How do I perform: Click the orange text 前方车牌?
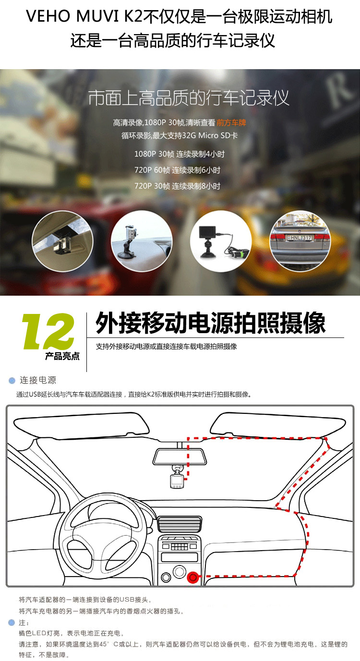[231, 122]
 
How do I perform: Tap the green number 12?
[48, 331]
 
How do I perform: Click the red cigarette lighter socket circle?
[192, 577]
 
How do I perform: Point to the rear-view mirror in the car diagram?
[180, 457]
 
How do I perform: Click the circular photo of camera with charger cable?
[221, 241]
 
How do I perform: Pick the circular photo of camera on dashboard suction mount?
[142, 241]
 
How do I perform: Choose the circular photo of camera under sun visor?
[62, 241]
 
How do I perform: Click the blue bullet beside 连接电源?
[12, 381]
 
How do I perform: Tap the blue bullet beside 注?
[12, 623]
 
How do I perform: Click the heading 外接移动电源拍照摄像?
[211, 323]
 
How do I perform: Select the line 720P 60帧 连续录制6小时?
[177, 170]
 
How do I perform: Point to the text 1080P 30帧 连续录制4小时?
[180, 154]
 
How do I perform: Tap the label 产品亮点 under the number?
[62, 356]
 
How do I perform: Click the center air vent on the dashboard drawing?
[180, 524]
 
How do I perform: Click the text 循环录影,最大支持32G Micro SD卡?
[180, 136]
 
